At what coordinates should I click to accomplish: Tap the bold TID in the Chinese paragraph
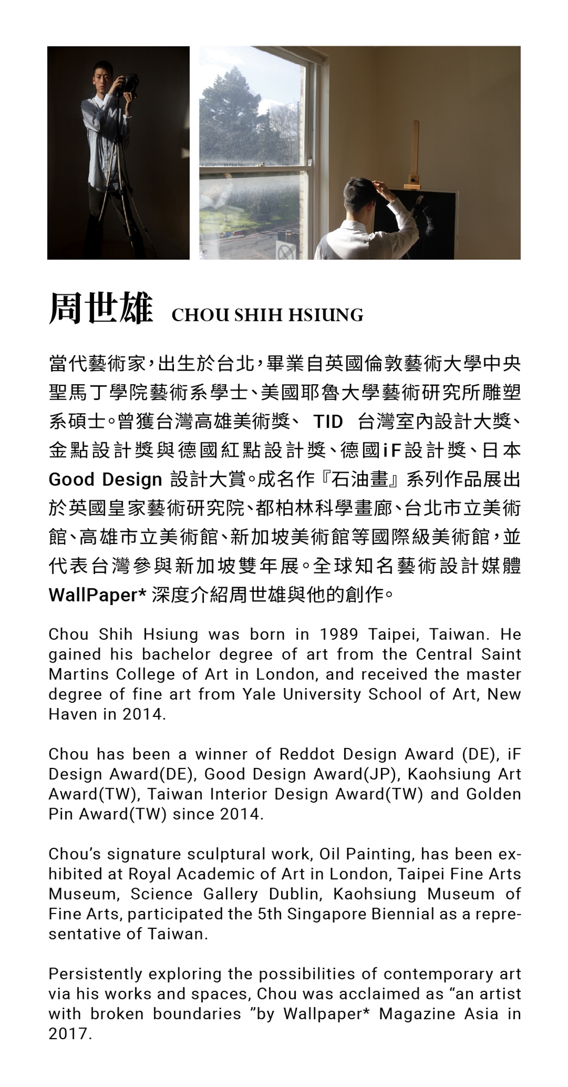tap(328, 422)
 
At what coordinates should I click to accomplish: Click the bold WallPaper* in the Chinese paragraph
tap(97, 595)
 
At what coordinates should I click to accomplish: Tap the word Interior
tap(239, 795)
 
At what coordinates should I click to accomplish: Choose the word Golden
tap(493, 795)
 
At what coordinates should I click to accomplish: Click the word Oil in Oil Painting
tap(329, 854)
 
